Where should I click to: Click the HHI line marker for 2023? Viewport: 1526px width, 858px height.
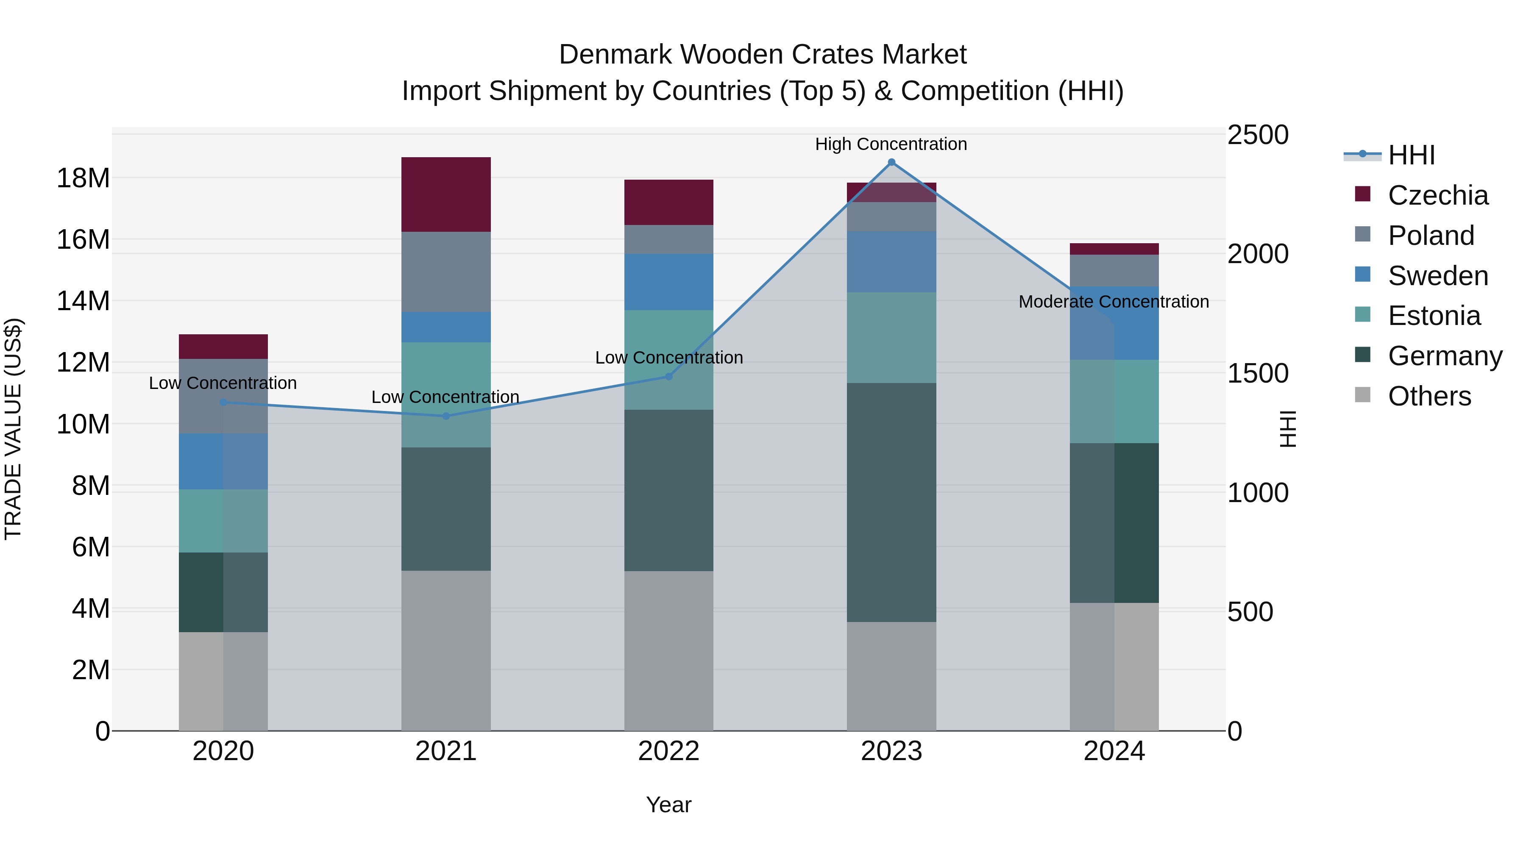coord(891,162)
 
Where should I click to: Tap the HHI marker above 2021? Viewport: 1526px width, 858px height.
coord(446,416)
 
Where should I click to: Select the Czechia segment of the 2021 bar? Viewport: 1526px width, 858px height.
coord(446,194)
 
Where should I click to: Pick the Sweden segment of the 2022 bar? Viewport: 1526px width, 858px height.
coord(669,282)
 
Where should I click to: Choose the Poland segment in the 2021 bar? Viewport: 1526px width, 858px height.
coord(446,272)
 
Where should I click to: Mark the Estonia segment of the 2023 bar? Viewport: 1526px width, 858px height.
coord(891,338)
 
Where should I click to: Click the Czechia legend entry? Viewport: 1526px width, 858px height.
coord(1438,195)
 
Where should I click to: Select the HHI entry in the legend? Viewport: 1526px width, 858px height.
coord(1411,155)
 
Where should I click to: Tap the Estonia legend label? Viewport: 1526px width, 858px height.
coord(1434,316)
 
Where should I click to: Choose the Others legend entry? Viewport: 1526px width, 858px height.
coord(1429,396)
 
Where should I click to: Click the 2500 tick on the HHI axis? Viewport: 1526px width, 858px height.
coord(1257,135)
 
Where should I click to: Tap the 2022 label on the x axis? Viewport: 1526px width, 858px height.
coord(669,751)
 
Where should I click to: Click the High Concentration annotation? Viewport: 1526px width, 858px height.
coord(891,144)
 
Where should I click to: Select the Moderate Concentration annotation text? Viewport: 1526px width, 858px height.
coord(1114,301)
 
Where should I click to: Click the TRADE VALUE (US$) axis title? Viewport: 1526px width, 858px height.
coord(13,429)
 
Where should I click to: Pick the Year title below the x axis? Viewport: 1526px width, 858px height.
coord(669,805)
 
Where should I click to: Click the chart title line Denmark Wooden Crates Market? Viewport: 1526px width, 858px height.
coord(763,55)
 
